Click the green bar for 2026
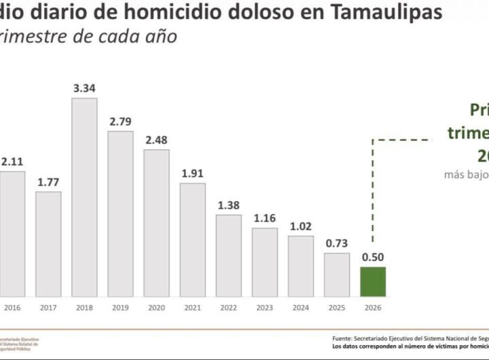click(372, 281)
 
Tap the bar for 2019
click(120, 212)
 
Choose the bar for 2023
click(264, 260)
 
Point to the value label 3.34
click(84, 88)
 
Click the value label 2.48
click(156, 140)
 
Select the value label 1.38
click(228, 204)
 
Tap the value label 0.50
click(372, 257)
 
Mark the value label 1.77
click(48, 181)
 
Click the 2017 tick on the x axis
click(48, 307)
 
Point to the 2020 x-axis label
click(156, 307)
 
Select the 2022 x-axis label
click(228, 307)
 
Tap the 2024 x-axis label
click(300, 307)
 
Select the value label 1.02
click(300, 226)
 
